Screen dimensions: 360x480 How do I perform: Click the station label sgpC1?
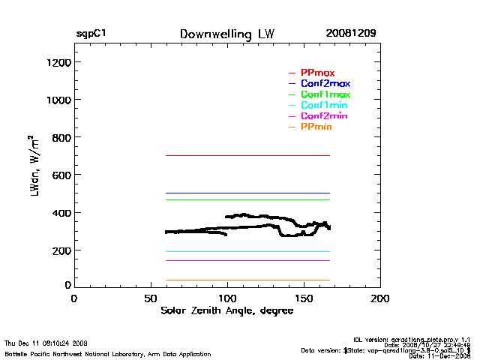point(90,34)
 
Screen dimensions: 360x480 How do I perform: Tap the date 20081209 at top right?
point(351,34)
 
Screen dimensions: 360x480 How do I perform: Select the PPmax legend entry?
point(317,72)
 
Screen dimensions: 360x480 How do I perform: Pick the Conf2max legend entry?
point(325,83)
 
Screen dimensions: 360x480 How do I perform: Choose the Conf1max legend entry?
point(325,94)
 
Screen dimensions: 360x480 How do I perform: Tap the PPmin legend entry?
point(316,127)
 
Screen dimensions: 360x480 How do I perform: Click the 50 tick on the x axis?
point(150,298)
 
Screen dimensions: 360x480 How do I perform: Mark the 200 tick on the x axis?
point(380,298)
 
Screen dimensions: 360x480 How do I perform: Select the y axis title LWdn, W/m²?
point(33,175)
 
